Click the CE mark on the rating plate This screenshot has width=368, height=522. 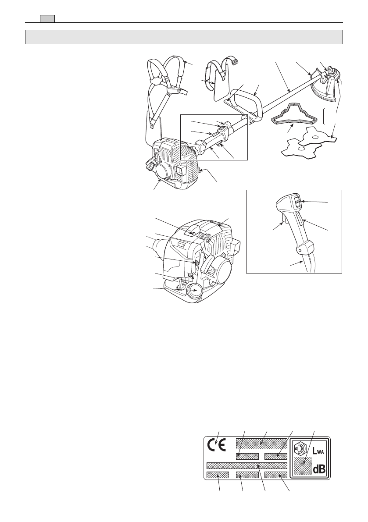216,445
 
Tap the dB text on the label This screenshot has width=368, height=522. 319,469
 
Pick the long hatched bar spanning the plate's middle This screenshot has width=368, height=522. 247,465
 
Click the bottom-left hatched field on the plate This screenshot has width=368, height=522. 218,475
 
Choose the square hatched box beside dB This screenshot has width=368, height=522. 303,466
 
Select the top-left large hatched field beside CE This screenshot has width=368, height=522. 261,442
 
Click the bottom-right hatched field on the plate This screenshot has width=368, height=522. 275,475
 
